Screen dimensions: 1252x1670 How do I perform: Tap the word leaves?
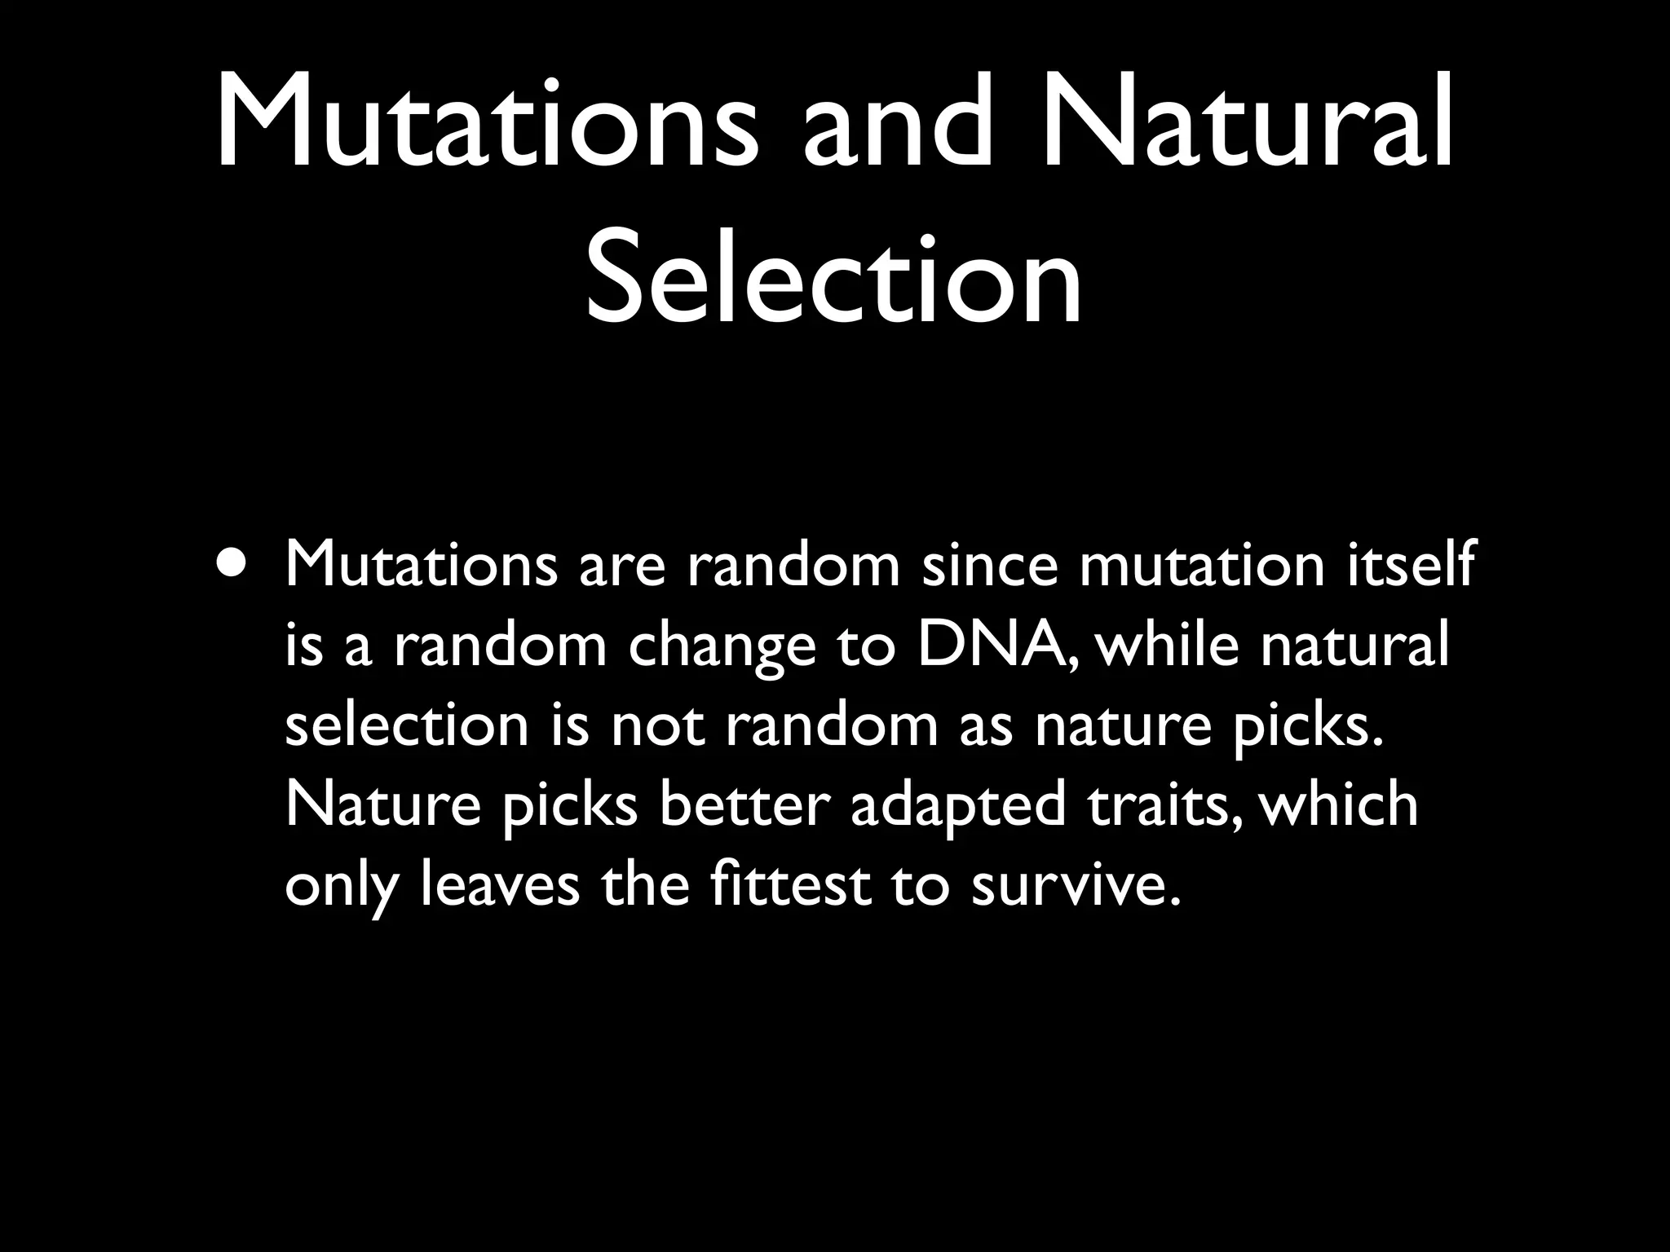499,884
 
